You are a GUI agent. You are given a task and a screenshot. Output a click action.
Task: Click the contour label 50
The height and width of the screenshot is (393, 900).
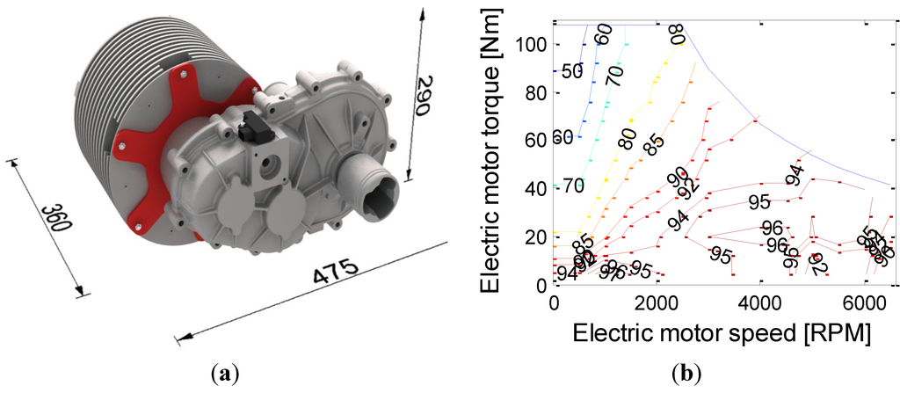tap(572, 72)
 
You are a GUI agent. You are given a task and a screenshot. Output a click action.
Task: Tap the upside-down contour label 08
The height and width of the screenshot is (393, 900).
tap(675, 34)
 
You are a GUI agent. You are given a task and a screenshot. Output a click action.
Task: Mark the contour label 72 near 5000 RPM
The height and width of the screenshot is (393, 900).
tap(819, 262)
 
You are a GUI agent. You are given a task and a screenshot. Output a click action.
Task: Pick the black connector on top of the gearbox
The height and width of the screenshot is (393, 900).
tap(256, 128)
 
